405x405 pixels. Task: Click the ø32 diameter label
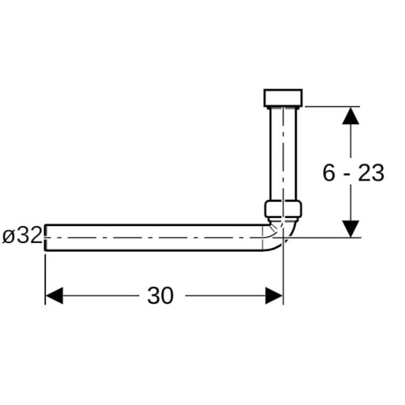tap(22, 236)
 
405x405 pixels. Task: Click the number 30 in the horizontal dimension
tap(160, 296)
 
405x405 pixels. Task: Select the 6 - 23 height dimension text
tap(353, 173)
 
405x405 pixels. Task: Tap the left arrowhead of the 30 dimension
tap(54, 296)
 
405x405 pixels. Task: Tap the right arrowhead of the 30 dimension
tap(274, 296)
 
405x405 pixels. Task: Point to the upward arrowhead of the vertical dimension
tap(351, 116)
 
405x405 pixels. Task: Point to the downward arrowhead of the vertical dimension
tap(351, 229)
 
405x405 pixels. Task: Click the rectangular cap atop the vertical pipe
tap(283, 97)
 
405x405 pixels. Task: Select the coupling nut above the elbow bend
tap(283, 208)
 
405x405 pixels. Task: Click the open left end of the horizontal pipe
tap(45, 237)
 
